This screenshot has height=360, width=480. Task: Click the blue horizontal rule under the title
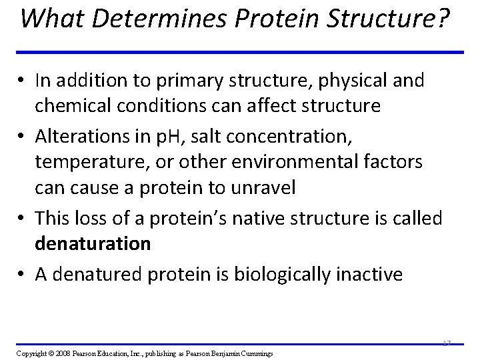coord(240,52)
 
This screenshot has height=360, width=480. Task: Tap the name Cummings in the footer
coord(255,352)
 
